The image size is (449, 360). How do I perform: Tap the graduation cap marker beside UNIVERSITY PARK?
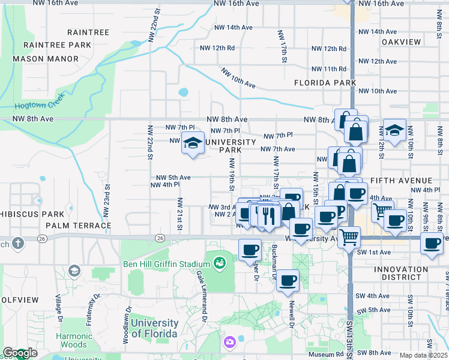pos(193,144)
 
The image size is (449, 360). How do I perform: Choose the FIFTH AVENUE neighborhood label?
pos(401,181)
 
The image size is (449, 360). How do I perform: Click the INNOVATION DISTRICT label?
pos(400,273)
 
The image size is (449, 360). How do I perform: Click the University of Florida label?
pos(154,328)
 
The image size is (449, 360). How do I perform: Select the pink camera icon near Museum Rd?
pos(229,343)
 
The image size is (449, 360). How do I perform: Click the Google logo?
pos(20,353)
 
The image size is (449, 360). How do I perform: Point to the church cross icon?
pos(18,244)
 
